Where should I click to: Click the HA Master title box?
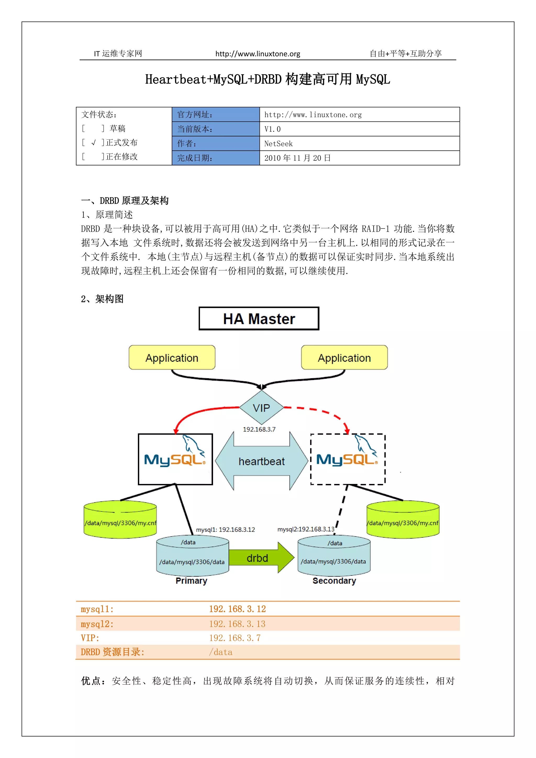[259, 319]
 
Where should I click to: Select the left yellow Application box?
[172, 358]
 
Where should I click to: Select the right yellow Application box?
[344, 358]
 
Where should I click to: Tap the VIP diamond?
[261, 408]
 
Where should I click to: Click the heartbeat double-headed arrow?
[261, 461]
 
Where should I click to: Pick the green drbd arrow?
[261, 558]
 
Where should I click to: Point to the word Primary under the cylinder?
[191, 581]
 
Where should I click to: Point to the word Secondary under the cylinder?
[334, 581]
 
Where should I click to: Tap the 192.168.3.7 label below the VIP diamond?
[259, 429]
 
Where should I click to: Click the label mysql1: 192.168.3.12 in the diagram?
[225, 530]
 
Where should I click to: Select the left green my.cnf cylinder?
[120, 520]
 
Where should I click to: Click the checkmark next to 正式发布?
[94, 143]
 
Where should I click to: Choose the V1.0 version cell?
[273, 129]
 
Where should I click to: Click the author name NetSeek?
[278, 144]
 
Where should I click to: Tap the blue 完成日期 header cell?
[215, 158]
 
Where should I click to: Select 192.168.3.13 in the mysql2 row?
[237, 624]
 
